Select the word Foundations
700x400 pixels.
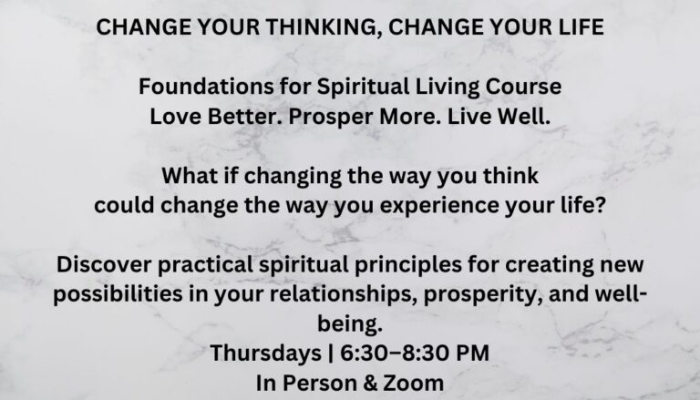point(206,87)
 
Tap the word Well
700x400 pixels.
point(524,116)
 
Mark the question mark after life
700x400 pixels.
point(601,205)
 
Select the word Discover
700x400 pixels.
point(104,264)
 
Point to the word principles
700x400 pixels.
point(408,265)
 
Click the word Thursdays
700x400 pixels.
point(265,354)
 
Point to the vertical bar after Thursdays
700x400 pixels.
point(330,354)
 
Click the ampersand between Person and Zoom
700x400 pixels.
point(370,384)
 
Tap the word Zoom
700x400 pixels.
point(414,384)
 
